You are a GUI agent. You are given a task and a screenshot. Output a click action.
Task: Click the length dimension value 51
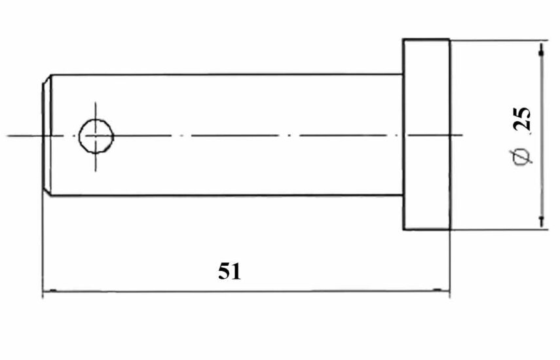230,271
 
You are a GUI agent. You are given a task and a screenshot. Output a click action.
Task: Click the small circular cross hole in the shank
96,136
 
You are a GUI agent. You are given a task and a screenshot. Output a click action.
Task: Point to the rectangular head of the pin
426,135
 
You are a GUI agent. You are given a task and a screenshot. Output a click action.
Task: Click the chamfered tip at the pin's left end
47,135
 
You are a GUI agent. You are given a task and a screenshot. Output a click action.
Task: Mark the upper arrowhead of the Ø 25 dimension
542,50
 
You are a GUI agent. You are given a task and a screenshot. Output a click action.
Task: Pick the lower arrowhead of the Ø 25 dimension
542,221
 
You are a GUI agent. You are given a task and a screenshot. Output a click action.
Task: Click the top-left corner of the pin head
403,39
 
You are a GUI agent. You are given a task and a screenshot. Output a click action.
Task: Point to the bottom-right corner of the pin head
450,229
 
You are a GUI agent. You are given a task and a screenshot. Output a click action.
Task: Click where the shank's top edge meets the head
403,74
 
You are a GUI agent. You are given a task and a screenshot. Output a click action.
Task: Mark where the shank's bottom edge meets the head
403,195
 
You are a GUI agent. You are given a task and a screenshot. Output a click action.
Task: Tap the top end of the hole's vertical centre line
96,103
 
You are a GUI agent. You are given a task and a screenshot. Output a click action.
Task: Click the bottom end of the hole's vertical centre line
96,171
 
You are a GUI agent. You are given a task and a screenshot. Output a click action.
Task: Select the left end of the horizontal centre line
7,136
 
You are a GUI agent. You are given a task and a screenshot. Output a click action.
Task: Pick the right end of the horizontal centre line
463,135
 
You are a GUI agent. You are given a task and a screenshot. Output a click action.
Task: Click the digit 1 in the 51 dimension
236,272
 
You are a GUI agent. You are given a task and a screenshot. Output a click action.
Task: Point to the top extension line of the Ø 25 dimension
499,41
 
